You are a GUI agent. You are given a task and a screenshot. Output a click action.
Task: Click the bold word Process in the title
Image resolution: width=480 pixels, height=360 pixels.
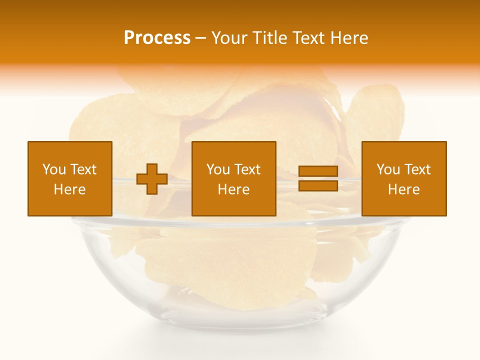[x=157, y=38]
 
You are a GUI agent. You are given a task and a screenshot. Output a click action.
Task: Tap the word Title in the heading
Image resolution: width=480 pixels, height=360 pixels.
[x=269, y=38]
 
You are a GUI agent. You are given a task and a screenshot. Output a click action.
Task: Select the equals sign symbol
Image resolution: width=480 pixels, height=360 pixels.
[x=318, y=178]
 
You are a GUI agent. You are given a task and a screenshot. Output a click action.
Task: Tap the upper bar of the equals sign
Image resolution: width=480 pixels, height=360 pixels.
[x=318, y=171]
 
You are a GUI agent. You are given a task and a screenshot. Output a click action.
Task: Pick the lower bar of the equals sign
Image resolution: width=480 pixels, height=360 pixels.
[x=318, y=185]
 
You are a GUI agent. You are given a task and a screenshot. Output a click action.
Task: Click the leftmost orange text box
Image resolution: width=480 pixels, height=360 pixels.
[x=70, y=178]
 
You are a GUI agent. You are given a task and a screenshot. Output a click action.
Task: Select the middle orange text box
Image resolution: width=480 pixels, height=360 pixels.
[x=234, y=178]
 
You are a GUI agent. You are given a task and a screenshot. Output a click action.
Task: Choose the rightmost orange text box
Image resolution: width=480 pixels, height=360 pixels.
[x=404, y=178]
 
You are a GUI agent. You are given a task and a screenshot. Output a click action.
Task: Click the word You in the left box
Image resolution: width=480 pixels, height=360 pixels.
[x=54, y=169]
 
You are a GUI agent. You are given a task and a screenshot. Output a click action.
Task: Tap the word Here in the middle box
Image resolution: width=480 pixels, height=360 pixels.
[x=234, y=189]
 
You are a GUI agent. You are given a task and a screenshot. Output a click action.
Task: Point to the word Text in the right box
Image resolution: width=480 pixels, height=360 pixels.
[x=417, y=169]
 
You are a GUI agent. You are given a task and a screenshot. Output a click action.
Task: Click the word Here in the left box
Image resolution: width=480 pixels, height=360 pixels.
[x=70, y=189]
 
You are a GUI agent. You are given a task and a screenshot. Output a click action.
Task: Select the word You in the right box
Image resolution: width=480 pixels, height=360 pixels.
[x=388, y=169]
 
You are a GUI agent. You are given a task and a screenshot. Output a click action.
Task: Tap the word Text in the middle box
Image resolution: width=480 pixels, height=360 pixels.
[x=247, y=169]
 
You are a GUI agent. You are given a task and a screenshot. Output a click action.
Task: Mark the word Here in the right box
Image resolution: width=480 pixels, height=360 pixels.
[x=404, y=189]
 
